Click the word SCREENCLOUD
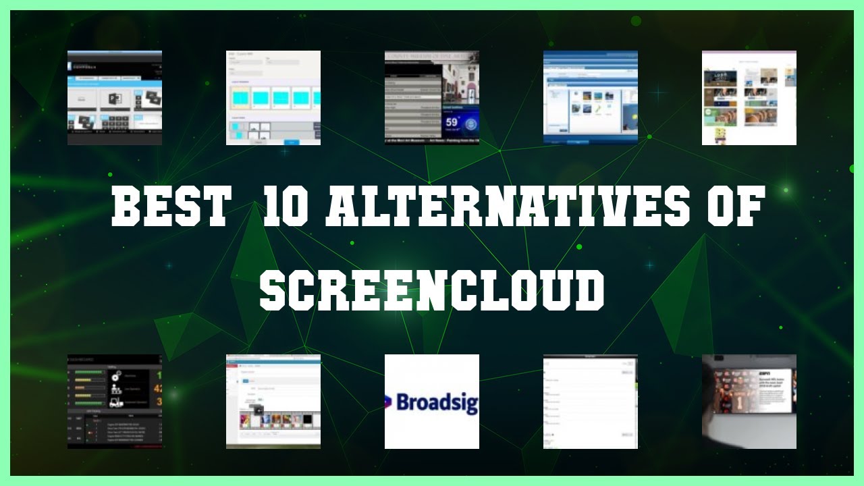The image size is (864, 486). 432,290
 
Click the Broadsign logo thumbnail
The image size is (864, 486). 432,402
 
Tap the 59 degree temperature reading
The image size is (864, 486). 452,124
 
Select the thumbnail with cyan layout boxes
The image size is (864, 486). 273,98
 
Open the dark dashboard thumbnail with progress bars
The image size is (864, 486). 115,402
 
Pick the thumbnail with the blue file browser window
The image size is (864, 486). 591,98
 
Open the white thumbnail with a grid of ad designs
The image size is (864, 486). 749,98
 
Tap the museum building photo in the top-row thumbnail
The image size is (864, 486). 459,84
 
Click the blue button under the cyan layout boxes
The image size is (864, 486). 292,142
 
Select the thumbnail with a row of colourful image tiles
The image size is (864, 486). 273,402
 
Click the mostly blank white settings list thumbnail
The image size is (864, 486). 591,402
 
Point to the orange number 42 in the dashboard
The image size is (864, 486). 157,389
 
